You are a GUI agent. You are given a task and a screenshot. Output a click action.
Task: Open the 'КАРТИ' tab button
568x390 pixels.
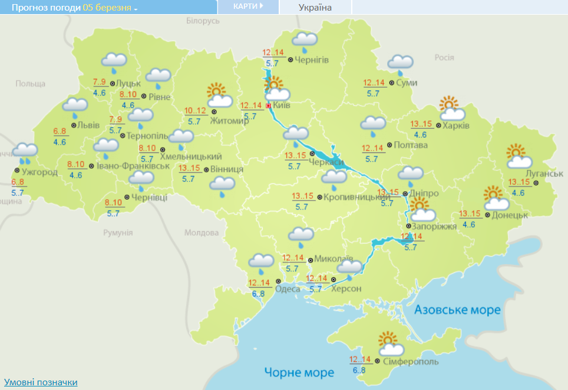coord(247,6)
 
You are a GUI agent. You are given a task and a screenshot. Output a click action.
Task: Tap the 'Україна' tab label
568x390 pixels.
coord(315,8)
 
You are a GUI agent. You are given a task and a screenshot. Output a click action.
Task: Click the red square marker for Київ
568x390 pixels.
coord(268,106)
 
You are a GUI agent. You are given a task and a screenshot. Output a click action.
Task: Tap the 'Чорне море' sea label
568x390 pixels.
coord(299,372)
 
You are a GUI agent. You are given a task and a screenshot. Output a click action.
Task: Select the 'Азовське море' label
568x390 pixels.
coord(457,309)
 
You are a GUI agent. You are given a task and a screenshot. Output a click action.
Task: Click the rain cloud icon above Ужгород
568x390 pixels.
coord(25,152)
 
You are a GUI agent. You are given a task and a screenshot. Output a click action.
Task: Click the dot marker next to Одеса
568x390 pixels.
coord(271,288)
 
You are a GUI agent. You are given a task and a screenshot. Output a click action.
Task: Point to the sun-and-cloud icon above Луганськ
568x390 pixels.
coord(517,156)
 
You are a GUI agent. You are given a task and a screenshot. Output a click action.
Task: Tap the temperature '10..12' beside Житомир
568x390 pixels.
coord(195,111)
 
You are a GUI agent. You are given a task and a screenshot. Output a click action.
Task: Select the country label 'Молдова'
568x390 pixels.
coord(202,232)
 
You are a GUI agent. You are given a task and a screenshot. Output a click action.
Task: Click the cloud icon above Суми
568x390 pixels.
coord(401,64)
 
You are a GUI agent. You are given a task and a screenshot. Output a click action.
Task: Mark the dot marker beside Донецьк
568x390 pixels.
coord(487,215)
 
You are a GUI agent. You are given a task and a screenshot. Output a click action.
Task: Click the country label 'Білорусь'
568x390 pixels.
coord(203,21)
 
